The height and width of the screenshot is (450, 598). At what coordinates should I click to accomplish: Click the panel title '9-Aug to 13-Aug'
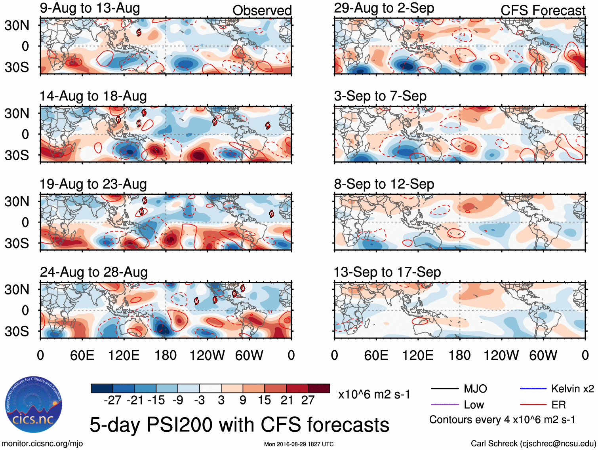pyautogui.click(x=90, y=8)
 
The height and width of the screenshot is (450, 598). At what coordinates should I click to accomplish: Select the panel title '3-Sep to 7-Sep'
pyautogui.click(x=380, y=96)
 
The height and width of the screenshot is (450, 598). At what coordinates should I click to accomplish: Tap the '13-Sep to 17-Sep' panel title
pyautogui.click(x=387, y=272)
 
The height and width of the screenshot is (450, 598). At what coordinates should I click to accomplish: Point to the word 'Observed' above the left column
pyautogui.click(x=262, y=11)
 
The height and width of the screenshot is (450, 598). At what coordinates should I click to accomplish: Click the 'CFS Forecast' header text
pyautogui.click(x=543, y=11)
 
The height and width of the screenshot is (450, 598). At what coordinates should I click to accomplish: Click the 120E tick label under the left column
pyautogui.click(x=124, y=355)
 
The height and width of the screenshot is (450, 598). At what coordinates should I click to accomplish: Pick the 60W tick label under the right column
pyautogui.click(x=543, y=355)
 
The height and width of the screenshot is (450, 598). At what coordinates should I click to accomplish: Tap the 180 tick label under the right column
pyautogui.click(x=459, y=355)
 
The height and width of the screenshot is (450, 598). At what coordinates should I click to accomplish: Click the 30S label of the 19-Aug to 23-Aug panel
pyautogui.click(x=17, y=243)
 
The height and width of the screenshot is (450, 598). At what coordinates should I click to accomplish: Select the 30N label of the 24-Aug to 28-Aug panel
pyautogui.click(x=17, y=289)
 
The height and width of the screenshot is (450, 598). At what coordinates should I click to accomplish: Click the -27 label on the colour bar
pyautogui.click(x=112, y=401)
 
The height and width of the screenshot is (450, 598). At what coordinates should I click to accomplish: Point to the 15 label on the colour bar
pyautogui.click(x=264, y=401)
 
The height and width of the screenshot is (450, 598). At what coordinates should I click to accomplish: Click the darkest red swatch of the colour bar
pyautogui.click(x=319, y=388)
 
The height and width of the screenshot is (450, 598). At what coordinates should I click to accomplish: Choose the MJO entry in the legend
pyautogui.click(x=475, y=389)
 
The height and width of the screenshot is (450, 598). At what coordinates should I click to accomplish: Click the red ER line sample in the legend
pyautogui.click(x=533, y=405)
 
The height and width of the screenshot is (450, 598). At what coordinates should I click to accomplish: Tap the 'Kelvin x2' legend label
pyautogui.click(x=572, y=389)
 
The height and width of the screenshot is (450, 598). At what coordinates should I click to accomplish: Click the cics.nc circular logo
pyautogui.click(x=33, y=404)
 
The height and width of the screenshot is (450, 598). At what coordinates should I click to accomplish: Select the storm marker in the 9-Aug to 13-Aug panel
pyautogui.click(x=139, y=32)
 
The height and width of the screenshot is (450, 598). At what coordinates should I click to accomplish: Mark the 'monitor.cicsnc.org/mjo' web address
pyautogui.click(x=42, y=444)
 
